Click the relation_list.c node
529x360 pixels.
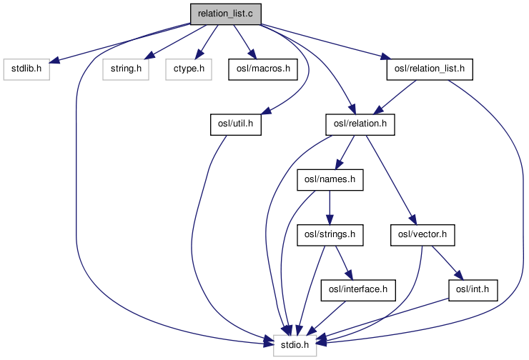tap(226, 13)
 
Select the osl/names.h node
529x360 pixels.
tap(330, 179)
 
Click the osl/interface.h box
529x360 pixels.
tap(357, 289)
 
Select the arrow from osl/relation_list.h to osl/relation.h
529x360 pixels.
tap(395, 96)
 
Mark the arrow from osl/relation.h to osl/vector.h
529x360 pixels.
tap(390, 179)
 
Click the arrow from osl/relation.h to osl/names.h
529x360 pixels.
tap(345, 152)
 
